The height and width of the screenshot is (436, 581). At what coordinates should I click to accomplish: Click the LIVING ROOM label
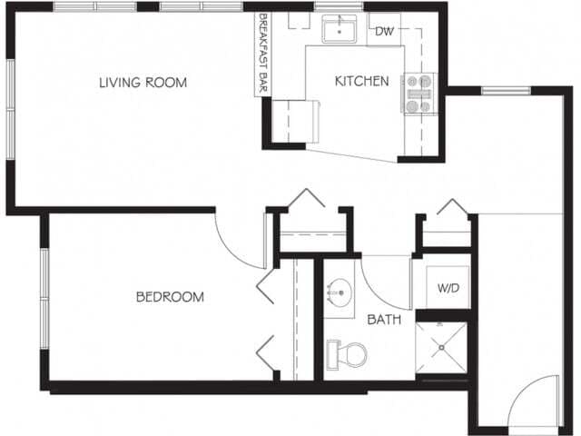(x=143, y=83)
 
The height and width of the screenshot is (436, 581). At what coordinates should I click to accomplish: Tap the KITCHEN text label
(x=361, y=81)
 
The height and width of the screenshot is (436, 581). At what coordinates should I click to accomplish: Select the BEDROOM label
(x=170, y=296)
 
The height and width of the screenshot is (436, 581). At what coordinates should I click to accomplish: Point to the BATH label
(x=384, y=320)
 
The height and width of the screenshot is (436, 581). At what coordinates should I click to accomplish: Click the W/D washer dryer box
(x=448, y=288)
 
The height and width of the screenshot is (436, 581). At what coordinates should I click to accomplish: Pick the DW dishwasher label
(x=385, y=32)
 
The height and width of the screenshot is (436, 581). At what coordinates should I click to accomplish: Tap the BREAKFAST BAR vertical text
(x=263, y=54)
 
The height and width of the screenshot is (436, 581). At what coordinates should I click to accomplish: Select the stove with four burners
(x=419, y=94)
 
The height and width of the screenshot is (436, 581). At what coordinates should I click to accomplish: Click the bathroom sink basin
(x=340, y=293)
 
